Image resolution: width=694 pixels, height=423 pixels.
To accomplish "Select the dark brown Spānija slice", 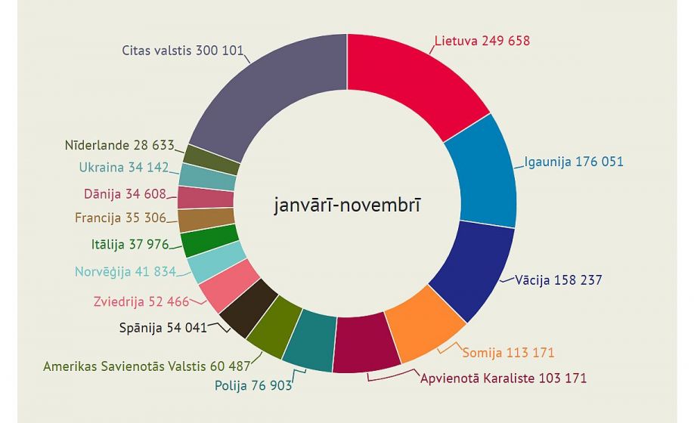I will click(242, 308).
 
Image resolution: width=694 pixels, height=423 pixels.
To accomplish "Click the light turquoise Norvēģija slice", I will click(206, 262).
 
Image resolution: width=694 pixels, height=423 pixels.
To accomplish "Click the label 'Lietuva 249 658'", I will click(482, 41).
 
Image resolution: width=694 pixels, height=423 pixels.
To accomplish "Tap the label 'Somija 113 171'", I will click(508, 352).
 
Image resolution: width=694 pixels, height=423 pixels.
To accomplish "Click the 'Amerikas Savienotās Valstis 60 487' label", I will click(144, 366).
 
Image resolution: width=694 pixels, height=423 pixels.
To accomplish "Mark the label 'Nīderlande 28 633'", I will click(119, 145).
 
